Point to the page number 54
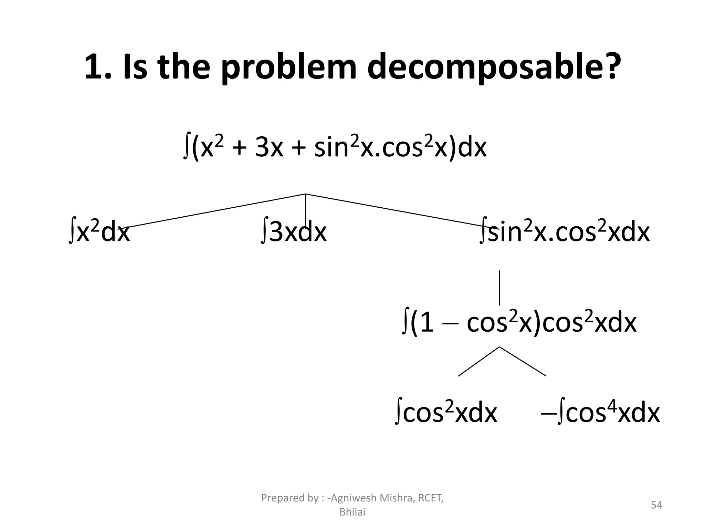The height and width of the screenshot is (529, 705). point(656,505)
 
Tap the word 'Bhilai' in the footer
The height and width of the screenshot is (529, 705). point(352,512)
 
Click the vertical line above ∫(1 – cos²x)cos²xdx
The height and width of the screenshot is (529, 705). point(499,288)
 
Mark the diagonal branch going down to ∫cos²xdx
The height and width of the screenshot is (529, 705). point(478,361)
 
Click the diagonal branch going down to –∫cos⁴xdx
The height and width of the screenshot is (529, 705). point(523,361)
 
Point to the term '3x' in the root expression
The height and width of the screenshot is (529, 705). point(269,148)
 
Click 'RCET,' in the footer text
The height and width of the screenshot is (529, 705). point(430,498)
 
